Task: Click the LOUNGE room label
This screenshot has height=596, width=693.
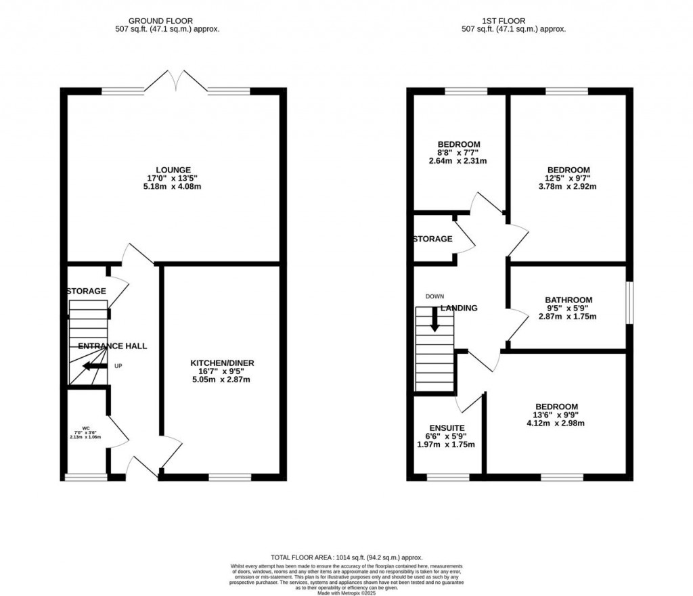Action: pyautogui.click(x=173, y=170)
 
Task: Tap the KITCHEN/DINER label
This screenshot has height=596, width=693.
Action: pyautogui.click(x=222, y=363)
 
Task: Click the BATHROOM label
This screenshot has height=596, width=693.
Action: pyautogui.click(x=568, y=300)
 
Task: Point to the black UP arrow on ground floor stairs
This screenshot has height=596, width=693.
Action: pyautogui.click(x=94, y=367)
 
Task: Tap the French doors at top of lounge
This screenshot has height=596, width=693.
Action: pyautogui.click(x=176, y=82)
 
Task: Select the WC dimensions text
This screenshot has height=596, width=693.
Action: pyautogui.click(x=85, y=433)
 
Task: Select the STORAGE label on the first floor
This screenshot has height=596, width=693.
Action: pyautogui.click(x=432, y=239)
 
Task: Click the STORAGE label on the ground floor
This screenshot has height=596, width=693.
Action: pyautogui.click(x=86, y=291)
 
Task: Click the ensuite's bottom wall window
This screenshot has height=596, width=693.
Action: pyautogui.click(x=447, y=478)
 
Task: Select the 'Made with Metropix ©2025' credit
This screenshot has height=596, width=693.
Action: pyautogui.click(x=346, y=593)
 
